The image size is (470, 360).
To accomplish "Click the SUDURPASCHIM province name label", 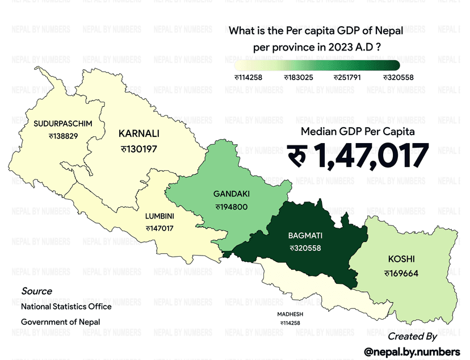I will click(62, 123).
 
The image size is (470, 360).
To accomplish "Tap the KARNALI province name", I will click(139, 134).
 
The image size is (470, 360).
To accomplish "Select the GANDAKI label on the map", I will click(232, 194).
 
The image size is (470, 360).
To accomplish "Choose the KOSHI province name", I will click(401, 259).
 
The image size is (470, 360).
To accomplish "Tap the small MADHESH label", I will click(290, 314).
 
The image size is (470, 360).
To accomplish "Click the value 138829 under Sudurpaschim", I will click(63, 136).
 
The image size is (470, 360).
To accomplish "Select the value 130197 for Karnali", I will click(139, 149).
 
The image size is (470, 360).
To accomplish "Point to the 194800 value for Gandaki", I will click(232, 207).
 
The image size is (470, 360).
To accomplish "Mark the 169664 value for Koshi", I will click(401, 273).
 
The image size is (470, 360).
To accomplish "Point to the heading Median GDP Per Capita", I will click(358, 131).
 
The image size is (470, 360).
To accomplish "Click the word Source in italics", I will click(37, 291).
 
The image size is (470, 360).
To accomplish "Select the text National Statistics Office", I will click(66, 307).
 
